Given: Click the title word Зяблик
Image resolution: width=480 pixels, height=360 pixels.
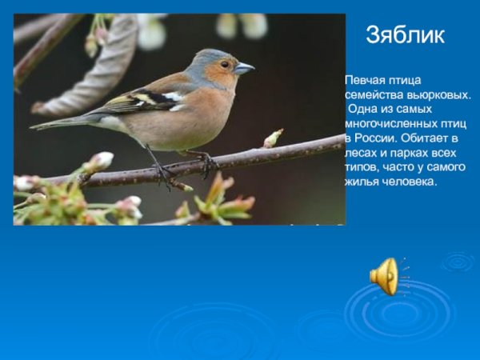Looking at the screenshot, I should pyautogui.click(x=405, y=34).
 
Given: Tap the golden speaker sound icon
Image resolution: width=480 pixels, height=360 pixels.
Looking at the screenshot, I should pyautogui.click(x=384, y=276).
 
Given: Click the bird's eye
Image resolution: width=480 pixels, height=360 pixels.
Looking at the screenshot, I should pyautogui.click(x=226, y=64).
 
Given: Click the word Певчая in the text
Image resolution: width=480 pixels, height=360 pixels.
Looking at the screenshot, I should pyautogui.click(x=365, y=81).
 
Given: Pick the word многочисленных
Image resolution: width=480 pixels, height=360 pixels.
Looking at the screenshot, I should pyautogui.click(x=389, y=124).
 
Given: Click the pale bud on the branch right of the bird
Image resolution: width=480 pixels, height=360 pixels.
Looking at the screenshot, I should pyautogui.click(x=274, y=138).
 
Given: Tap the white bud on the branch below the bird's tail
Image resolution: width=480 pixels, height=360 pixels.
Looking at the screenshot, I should pyautogui.click(x=101, y=160).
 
